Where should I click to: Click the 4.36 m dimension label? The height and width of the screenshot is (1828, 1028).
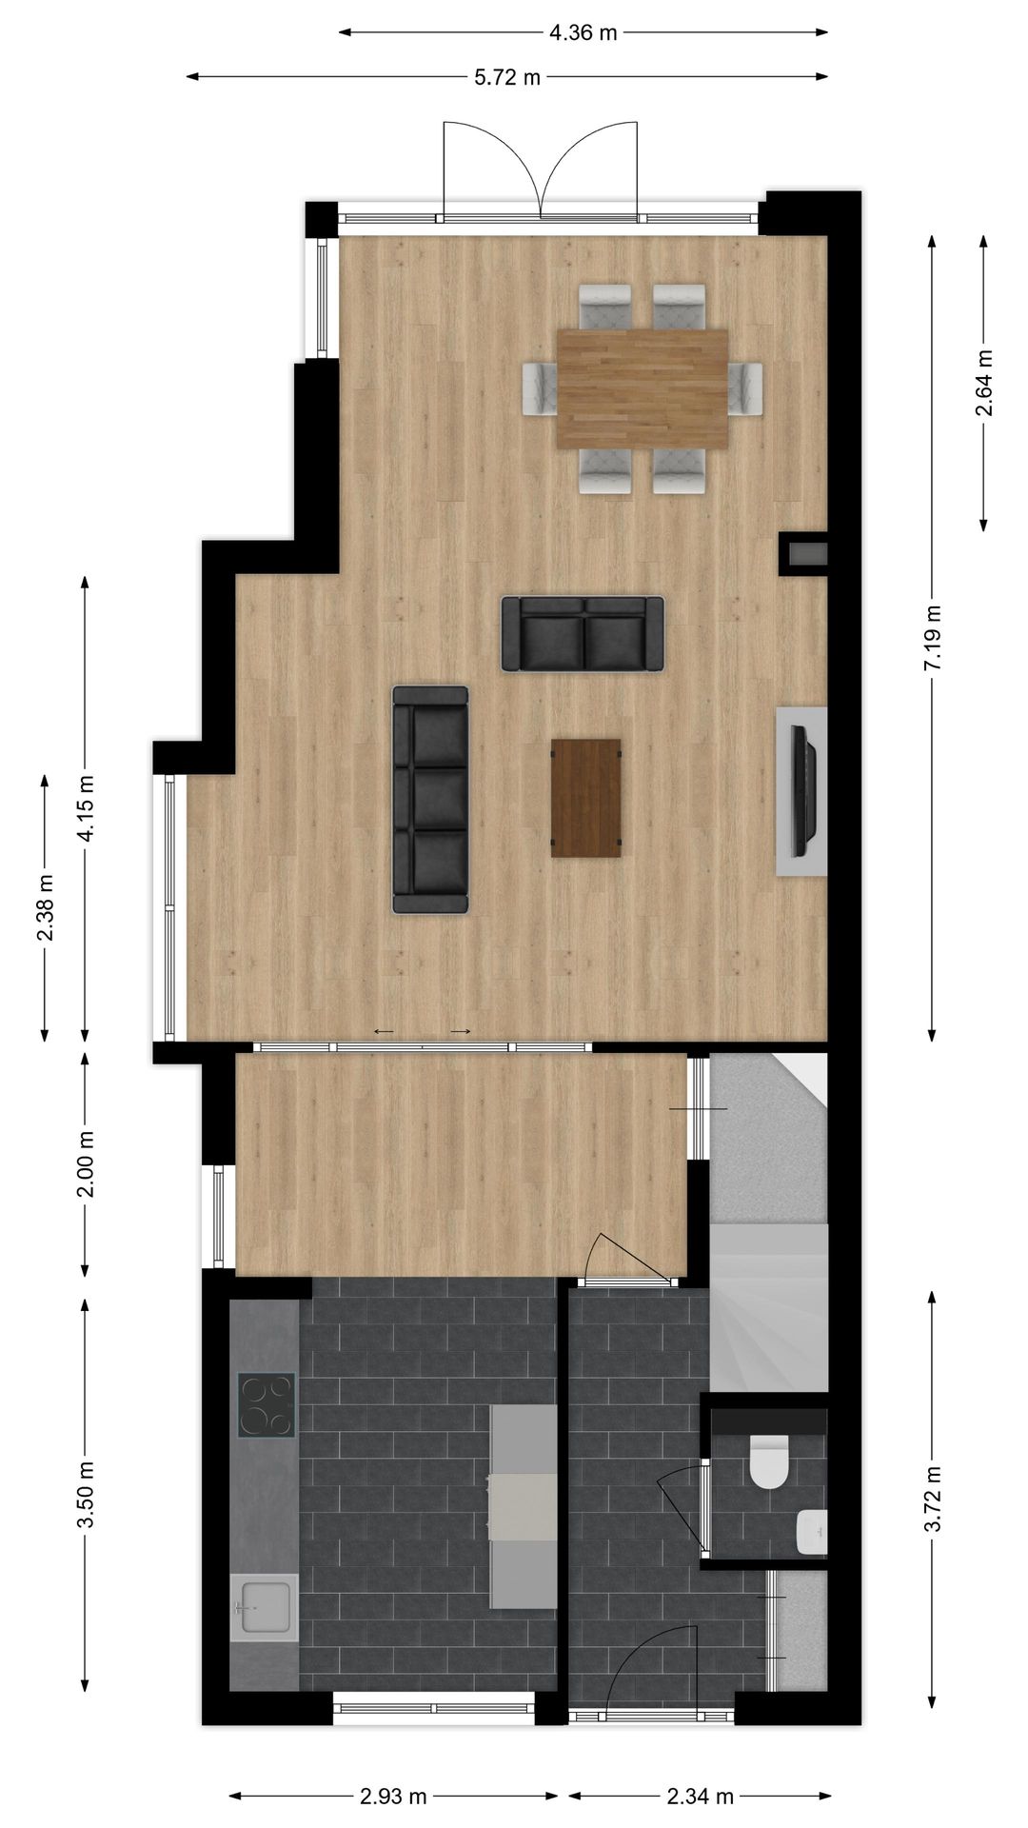(583, 32)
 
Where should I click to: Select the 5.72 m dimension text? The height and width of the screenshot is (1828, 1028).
(507, 77)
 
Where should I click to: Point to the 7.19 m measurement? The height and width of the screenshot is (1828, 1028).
(932, 637)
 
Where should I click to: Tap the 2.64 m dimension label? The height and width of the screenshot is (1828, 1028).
(983, 383)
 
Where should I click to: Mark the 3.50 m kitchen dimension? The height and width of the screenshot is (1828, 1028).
(86, 1494)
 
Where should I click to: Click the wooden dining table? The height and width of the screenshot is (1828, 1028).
(642, 388)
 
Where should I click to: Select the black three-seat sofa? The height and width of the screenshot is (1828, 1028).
(430, 800)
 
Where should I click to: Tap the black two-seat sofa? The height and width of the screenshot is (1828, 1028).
(583, 634)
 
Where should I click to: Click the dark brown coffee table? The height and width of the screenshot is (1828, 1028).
(585, 798)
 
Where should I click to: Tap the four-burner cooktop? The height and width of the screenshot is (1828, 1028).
(266, 1404)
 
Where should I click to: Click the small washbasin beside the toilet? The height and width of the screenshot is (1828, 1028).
(812, 1531)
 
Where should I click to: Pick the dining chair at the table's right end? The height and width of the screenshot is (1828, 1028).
(747, 388)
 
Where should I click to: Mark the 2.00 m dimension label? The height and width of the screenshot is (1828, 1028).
(86, 1163)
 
